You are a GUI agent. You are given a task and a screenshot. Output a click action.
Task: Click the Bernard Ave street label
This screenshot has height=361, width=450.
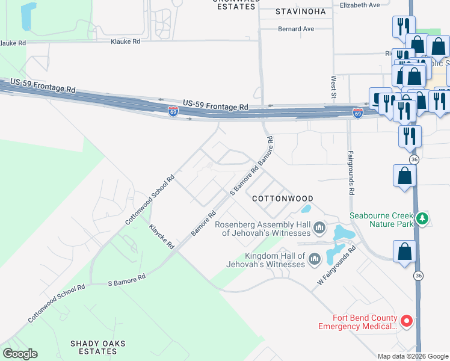296,29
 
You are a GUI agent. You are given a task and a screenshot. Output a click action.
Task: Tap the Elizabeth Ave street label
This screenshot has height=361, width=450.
360,5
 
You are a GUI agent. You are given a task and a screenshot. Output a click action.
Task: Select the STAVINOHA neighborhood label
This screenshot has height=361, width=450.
300,11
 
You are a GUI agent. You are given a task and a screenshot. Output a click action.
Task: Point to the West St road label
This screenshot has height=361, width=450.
333,87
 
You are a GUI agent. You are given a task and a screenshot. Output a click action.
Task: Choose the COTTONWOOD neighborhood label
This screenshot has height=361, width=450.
282,199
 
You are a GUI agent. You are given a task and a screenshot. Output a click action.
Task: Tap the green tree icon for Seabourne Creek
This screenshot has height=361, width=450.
423,218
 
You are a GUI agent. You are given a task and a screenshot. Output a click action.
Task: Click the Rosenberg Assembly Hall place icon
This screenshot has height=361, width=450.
319,228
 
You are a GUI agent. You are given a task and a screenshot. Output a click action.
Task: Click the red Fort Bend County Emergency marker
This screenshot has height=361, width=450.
406,322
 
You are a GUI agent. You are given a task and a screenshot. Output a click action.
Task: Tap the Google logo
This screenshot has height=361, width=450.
20,353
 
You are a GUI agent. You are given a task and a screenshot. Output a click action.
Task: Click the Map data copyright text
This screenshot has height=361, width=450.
413,356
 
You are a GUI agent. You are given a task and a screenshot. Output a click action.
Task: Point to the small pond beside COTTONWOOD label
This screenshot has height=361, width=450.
305,209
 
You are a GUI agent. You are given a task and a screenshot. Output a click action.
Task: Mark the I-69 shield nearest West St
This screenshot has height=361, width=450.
357,113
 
